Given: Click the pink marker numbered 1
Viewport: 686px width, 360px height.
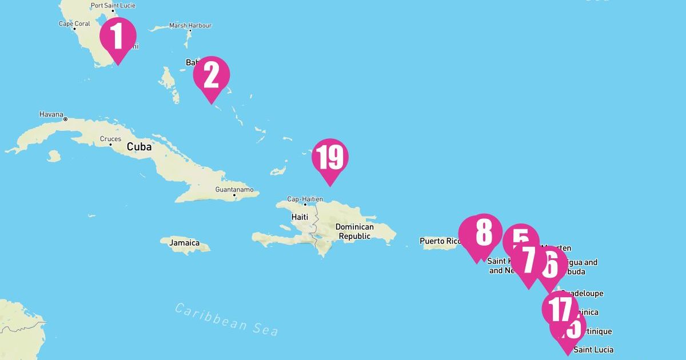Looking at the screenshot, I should [118, 37].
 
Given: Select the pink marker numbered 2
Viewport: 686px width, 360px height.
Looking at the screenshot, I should [212, 76].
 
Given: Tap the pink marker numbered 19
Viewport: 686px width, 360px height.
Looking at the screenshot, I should [330, 158].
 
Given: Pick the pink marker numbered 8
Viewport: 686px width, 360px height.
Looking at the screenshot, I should [483, 232].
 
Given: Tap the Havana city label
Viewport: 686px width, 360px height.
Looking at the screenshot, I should [51, 114].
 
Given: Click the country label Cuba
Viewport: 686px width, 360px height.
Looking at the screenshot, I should [139, 147].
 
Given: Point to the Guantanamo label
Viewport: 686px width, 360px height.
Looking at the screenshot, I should [233, 189].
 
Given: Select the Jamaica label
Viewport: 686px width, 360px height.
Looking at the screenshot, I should [184, 243].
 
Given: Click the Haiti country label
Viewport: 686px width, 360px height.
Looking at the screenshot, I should [300, 217].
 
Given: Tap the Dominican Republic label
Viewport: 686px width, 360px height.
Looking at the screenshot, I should [354, 231].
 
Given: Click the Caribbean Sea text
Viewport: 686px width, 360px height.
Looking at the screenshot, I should [226, 319].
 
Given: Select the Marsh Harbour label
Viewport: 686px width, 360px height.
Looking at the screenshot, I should [190, 26].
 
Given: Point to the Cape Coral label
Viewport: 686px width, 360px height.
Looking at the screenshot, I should [74, 23].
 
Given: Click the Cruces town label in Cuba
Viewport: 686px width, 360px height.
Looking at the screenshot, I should [110, 139].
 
